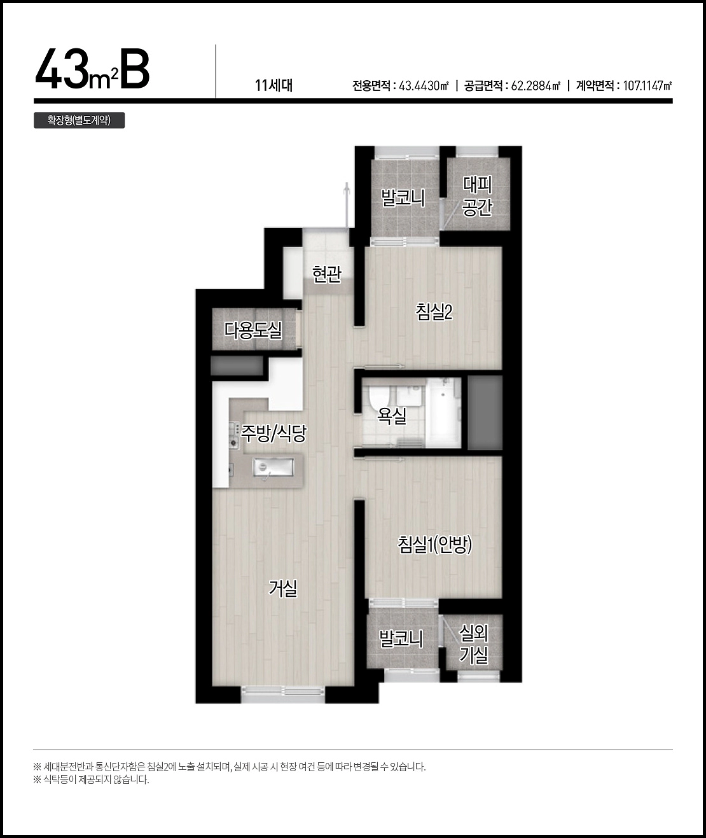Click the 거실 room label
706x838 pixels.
pos(283,589)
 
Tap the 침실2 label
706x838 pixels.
pos(434,312)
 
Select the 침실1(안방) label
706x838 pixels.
pos(435,545)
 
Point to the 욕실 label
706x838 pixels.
pos(392,416)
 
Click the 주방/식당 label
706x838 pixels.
pos(273,433)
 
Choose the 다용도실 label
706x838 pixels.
pos(253,330)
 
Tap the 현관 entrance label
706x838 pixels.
pos(327,274)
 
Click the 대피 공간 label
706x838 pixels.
pos(478,196)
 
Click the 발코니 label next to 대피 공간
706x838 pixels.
pos(403,199)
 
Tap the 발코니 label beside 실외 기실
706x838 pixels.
pos(401,639)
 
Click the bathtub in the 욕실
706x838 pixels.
pos(443,412)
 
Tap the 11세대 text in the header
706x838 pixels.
pos(274,85)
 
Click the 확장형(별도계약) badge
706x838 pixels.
pos(79,120)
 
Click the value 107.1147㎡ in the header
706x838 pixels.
pos(647,85)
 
